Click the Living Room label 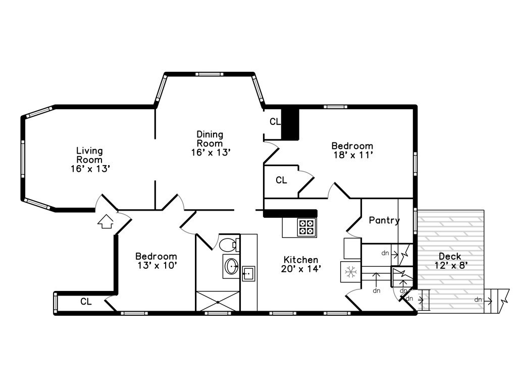[90, 159]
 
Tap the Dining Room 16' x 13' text [210, 143]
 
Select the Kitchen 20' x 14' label [300, 264]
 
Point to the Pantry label [384, 220]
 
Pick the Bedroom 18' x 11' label [352, 151]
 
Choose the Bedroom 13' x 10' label [156, 260]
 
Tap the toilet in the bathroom [229, 245]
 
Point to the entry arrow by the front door [106, 221]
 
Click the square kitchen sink [248, 273]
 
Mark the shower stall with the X [218, 301]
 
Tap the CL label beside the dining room [275, 122]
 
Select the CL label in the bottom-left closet [86, 302]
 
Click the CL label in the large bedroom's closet [281, 180]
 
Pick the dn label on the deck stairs [478, 300]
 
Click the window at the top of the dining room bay [210, 74]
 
